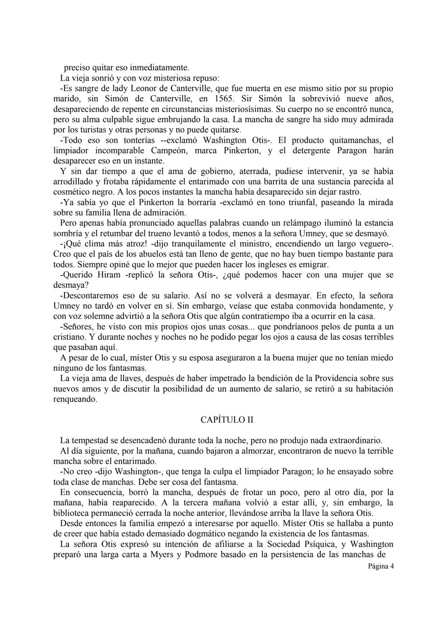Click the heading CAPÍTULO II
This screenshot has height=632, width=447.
[226, 420]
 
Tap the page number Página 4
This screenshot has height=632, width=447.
[381, 566]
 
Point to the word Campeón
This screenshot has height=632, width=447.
[168, 151]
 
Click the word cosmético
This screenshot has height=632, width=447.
[72, 192]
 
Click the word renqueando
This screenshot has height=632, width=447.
[75, 400]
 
